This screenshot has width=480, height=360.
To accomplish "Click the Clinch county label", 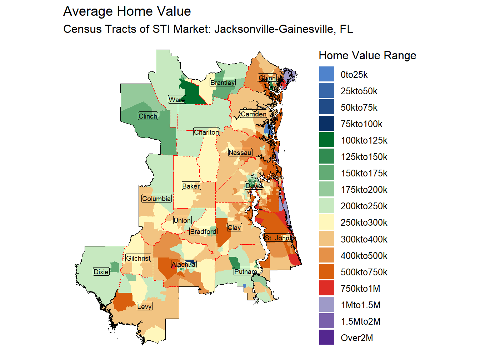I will (148, 116).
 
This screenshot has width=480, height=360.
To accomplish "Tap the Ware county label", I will (177, 100).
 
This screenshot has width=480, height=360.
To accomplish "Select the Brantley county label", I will (222, 82).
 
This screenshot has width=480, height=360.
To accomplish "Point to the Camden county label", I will (254, 114).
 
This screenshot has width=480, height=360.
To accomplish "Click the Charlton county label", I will (206, 132).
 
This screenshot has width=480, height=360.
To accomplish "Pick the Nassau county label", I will (240, 152).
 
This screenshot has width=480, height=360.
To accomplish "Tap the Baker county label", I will (191, 186).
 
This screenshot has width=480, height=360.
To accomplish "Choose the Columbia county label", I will (156, 199).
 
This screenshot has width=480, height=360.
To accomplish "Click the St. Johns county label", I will (278, 238).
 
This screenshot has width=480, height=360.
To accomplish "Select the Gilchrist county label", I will (138, 258).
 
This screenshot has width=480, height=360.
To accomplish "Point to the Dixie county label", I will (101, 272).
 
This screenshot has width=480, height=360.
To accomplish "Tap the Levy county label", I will (144, 306).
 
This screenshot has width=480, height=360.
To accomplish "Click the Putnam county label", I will (246, 271).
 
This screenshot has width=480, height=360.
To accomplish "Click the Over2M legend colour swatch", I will (327, 337).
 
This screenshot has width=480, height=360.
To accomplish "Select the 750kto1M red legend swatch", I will (327, 288).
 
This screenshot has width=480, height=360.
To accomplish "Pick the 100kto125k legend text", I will (364, 140).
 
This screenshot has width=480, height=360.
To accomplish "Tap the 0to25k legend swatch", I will (327, 74).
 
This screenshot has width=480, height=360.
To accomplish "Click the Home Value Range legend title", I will (367, 56).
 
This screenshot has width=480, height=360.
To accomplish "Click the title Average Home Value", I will (127, 11).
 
